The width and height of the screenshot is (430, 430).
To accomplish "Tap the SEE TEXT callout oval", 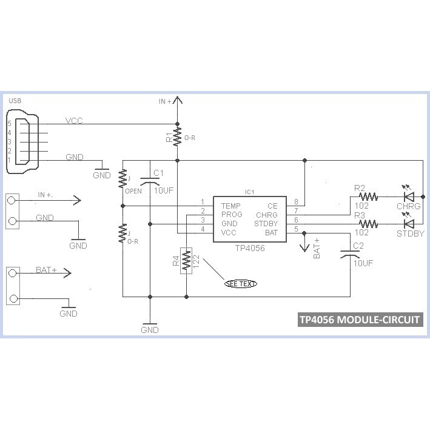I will tap(241, 283).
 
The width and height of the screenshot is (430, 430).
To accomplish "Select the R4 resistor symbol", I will tap(187, 260).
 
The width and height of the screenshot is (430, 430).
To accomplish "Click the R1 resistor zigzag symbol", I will tap(177, 136).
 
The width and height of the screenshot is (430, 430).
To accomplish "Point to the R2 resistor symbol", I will tap(368, 197).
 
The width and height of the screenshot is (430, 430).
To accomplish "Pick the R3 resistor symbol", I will tap(368, 224).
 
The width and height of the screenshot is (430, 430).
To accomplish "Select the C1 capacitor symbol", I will tap(149, 180).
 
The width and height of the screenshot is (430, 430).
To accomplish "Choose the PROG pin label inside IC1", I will tap(232, 215).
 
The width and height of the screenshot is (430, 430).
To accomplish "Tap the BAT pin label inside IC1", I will tap(271, 232).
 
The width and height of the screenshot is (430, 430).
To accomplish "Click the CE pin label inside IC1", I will tap(272, 206).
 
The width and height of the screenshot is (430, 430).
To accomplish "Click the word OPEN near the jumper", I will tap(133, 192).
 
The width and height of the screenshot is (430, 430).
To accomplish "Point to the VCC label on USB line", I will tap(73, 121).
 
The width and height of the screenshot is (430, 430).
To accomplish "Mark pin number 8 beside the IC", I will tap(296, 201).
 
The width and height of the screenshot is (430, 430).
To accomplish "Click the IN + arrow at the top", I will tap(177, 101).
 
